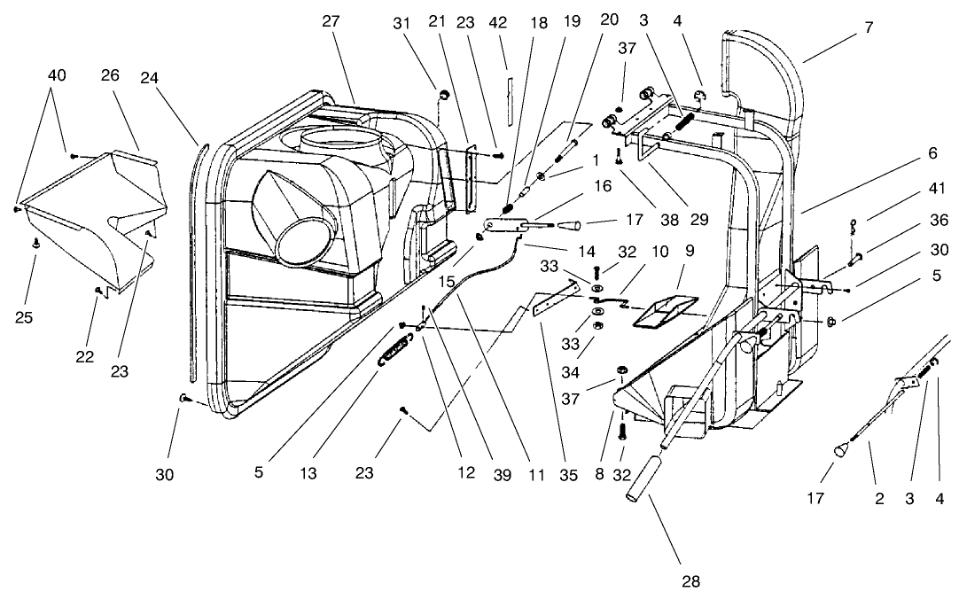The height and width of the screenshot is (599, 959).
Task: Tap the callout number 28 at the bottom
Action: coord(690,581)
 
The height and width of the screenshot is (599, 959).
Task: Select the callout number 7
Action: coord(868,27)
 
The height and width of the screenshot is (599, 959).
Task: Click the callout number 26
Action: coord(111,75)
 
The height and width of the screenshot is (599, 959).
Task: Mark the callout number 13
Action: coord(308,474)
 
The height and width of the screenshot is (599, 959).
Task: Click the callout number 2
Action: coord(878,499)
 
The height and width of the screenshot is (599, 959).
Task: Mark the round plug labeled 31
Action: coord(443,93)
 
